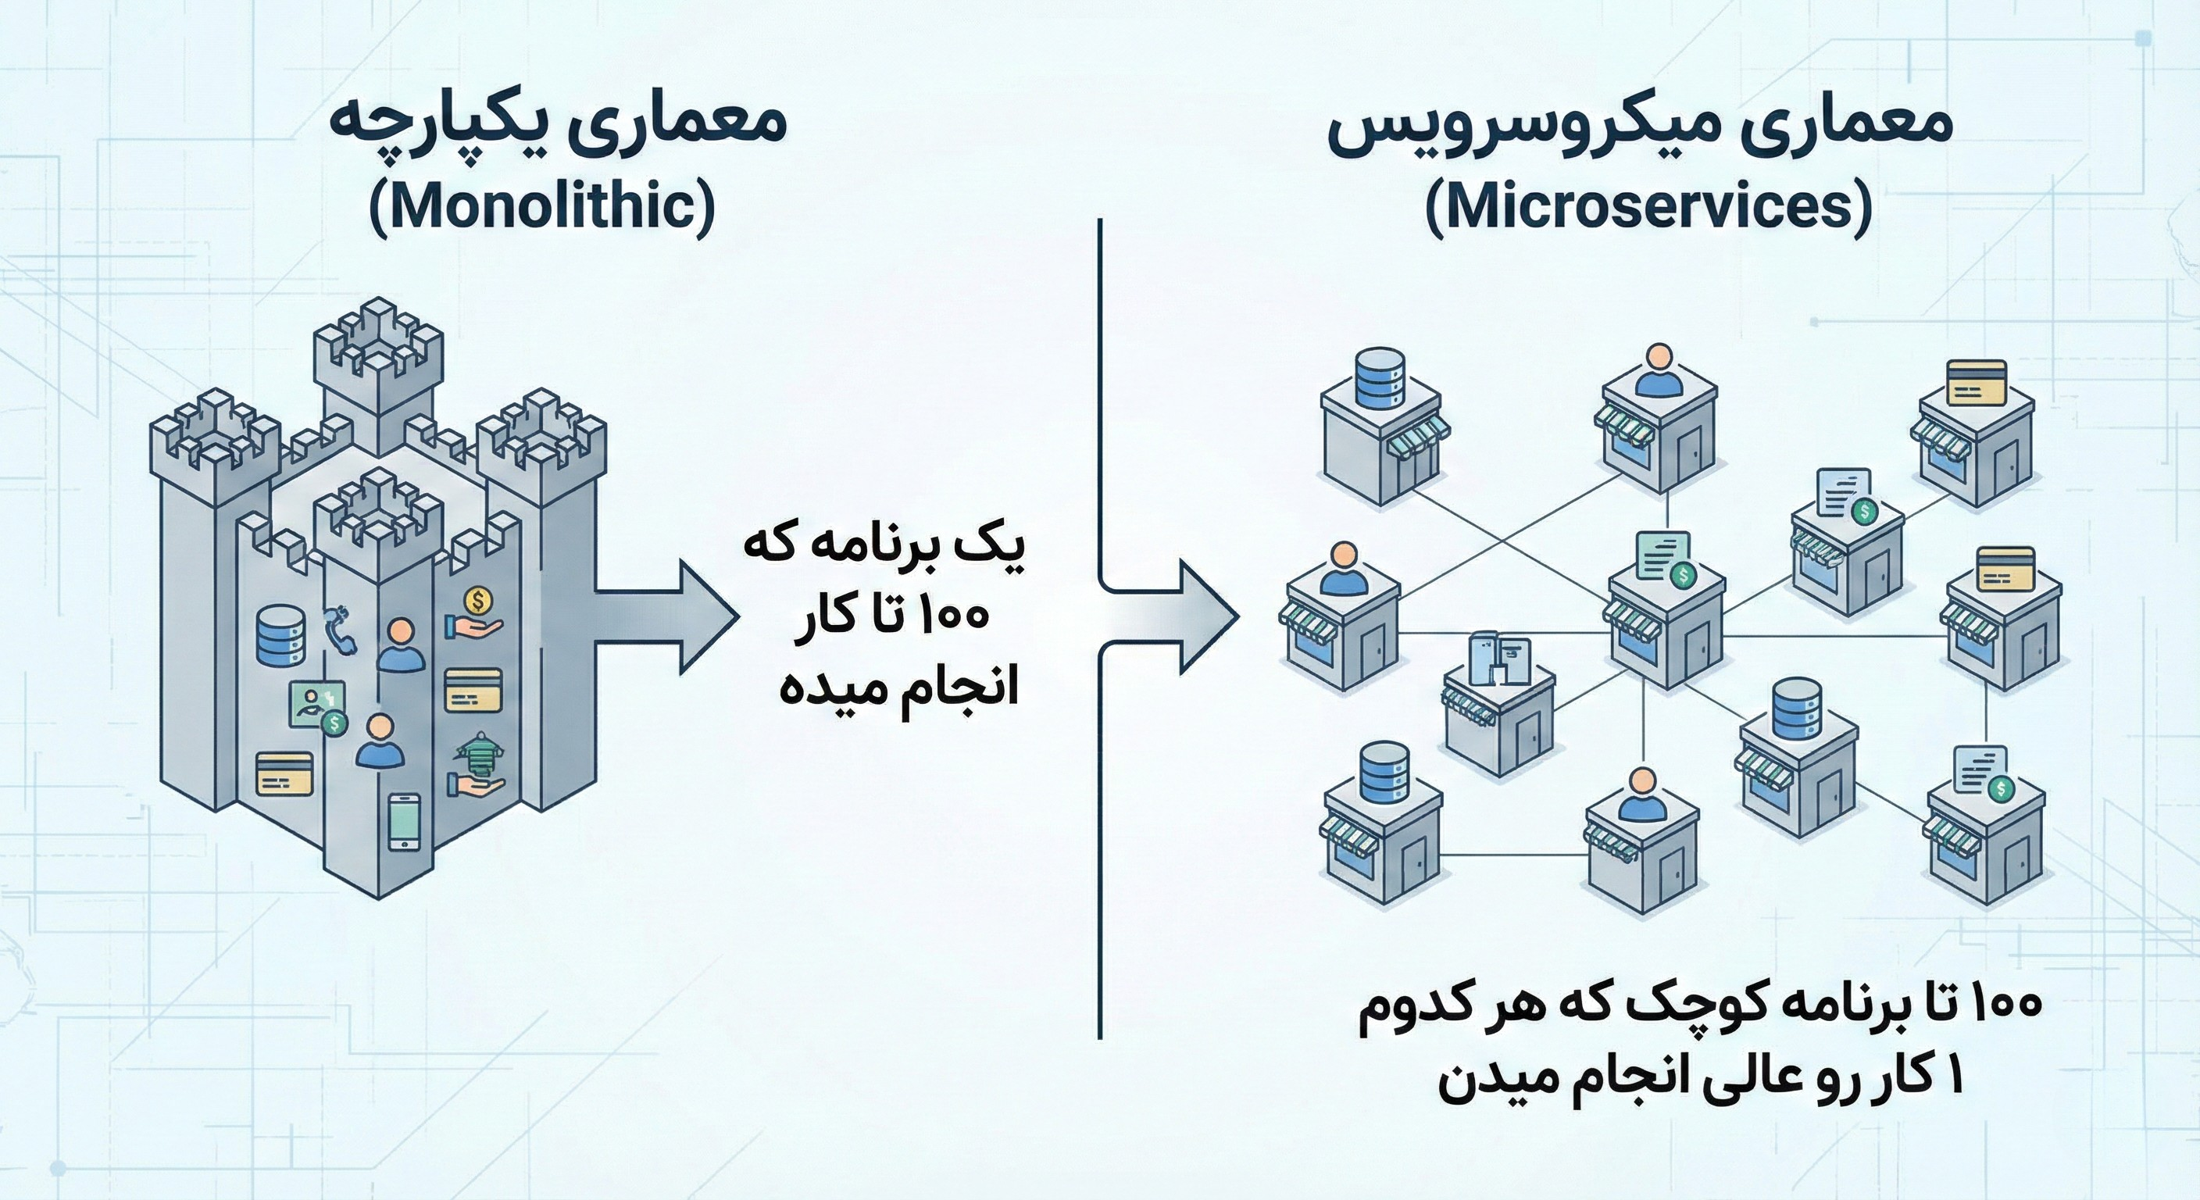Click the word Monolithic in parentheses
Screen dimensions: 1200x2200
[542, 208]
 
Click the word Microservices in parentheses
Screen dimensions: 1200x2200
[1648, 208]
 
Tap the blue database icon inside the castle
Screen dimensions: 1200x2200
[280, 635]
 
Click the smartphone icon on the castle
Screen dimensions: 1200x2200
[404, 822]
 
